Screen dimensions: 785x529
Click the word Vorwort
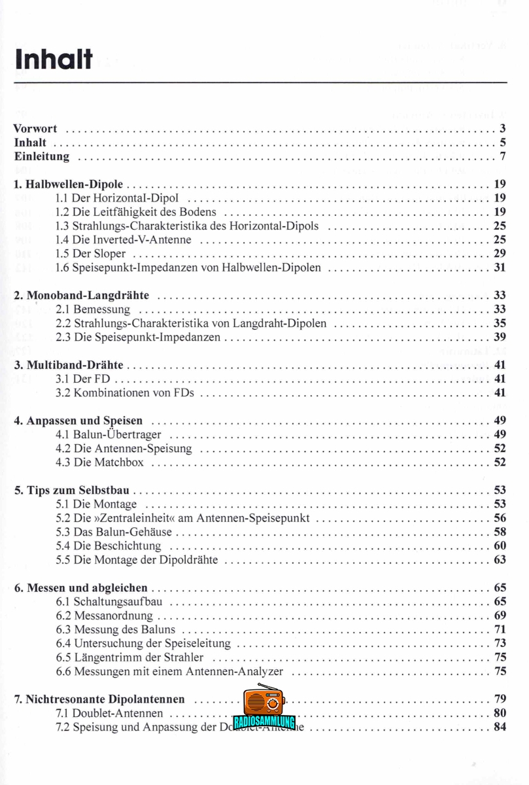pos(35,129)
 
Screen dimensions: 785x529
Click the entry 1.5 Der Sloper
pos(91,253)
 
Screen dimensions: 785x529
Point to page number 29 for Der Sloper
pos(500,253)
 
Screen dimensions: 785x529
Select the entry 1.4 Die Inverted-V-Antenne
pos(124,239)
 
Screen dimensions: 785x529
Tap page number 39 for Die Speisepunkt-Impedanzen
pos(500,337)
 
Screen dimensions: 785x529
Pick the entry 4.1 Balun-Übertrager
pos(109,434)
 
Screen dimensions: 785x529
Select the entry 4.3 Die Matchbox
pos(100,462)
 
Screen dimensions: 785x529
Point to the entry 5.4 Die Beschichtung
pos(109,546)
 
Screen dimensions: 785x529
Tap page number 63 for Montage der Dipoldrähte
pos(500,559)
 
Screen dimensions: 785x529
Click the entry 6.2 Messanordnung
pos(105,616)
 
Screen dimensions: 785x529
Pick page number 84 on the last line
pos(500,727)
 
